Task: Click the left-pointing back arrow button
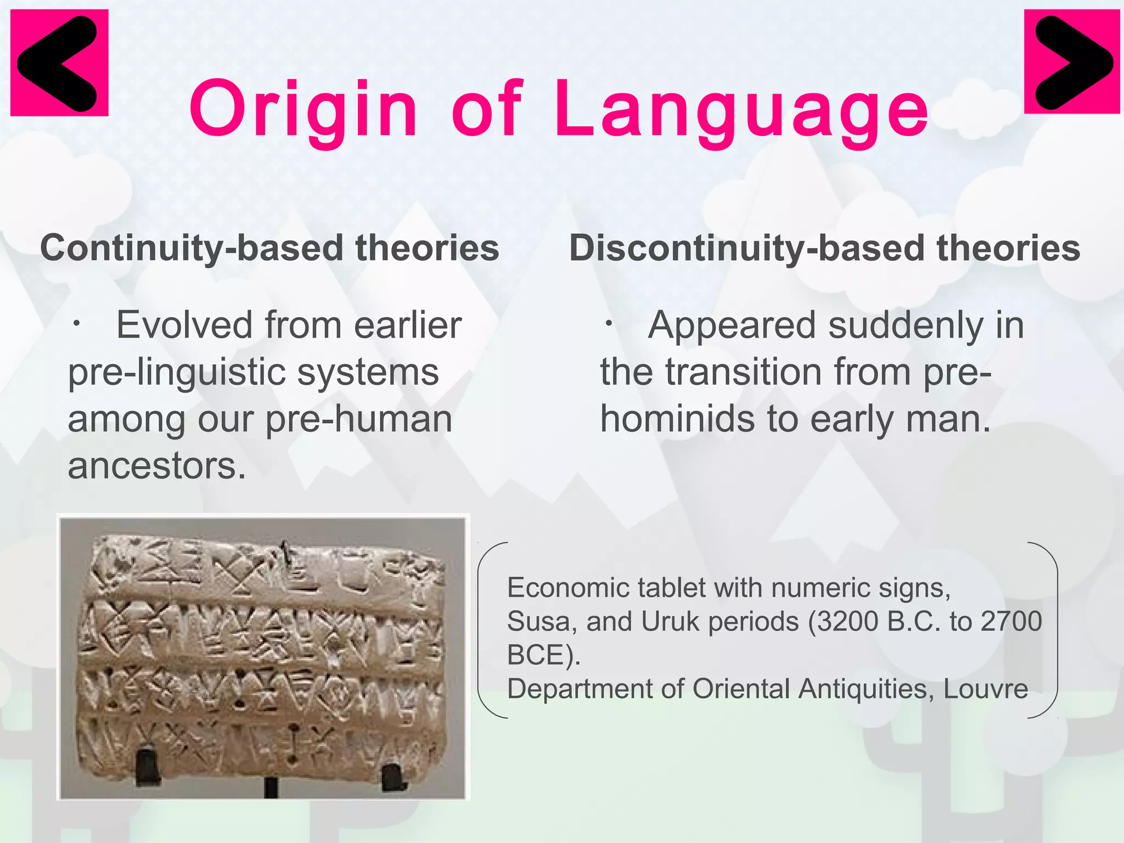(x=59, y=63)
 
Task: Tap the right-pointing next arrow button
(x=1071, y=62)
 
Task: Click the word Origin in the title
(x=304, y=109)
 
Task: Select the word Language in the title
(x=741, y=109)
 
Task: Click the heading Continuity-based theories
(x=269, y=248)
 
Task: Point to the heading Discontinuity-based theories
(x=824, y=248)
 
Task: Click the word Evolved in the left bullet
(x=184, y=325)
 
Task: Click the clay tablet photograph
(x=262, y=656)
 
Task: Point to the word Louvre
(x=986, y=689)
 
